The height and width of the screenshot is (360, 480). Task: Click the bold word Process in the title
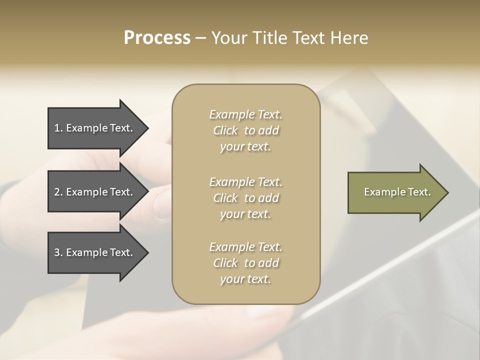click(157, 38)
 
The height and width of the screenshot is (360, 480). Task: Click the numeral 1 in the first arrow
click(57, 128)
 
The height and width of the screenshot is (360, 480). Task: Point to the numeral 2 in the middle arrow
click(57, 192)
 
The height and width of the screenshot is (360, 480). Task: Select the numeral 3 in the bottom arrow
click(57, 252)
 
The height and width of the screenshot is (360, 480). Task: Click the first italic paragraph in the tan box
click(245, 130)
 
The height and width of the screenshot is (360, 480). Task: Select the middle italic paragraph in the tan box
click(245, 198)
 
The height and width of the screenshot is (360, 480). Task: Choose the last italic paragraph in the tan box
click(245, 263)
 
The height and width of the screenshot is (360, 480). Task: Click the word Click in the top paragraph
click(225, 130)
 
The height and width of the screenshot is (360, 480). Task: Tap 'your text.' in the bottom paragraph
click(245, 279)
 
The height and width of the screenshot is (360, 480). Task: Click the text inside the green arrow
click(397, 192)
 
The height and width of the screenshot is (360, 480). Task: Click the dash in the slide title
click(200, 38)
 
